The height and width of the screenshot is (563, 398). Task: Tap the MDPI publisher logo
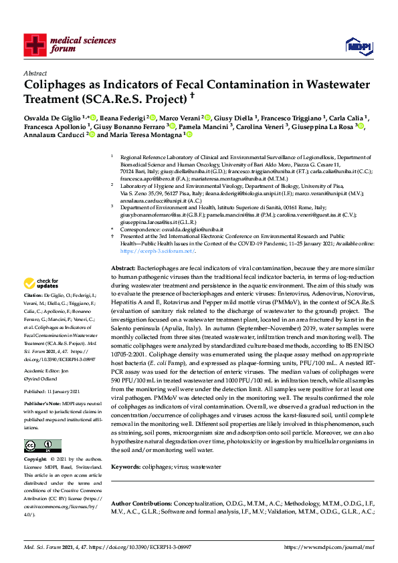356,45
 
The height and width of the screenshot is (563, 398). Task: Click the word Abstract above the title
35,74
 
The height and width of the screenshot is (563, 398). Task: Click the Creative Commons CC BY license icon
42,446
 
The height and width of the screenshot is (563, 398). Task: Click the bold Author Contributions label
140,502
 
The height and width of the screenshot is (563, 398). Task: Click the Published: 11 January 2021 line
52,391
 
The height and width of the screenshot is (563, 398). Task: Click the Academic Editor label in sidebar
41,370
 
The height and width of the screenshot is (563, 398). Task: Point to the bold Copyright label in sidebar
35,459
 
